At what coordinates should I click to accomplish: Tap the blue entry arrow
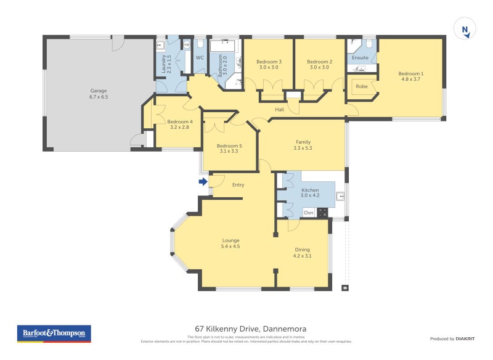pyautogui.click(x=203, y=181)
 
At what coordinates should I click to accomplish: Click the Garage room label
pyautogui.click(x=99, y=91)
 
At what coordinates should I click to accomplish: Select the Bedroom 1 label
pyautogui.click(x=412, y=73)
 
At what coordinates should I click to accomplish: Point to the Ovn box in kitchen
pyautogui.click(x=309, y=213)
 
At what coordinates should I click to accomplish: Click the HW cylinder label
pyautogui.click(x=187, y=45)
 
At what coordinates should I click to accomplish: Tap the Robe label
pyautogui.click(x=362, y=86)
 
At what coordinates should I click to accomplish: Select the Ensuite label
pyautogui.click(x=361, y=58)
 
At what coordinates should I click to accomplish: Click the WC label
pyautogui.click(x=200, y=58)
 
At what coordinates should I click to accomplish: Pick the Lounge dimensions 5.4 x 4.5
pyautogui.click(x=230, y=246)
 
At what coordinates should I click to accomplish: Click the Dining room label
pyautogui.click(x=302, y=250)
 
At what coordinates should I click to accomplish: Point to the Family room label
pyautogui.click(x=303, y=142)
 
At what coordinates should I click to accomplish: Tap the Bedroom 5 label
pyautogui.click(x=229, y=145)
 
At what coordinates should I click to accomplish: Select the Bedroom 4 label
pyautogui.click(x=180, y=121)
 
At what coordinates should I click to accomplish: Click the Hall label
pyautogui.click(x=279, y=110)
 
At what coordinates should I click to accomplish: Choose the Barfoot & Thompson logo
pyautogui.click(x=54, y=333)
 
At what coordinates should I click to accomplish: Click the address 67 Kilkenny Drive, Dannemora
pyautogui.click(x=246, y=329)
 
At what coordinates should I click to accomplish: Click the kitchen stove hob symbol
pyautogui.click(x=322, y=213)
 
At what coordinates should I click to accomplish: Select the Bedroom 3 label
pyautogui.click(x=269, y=62)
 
